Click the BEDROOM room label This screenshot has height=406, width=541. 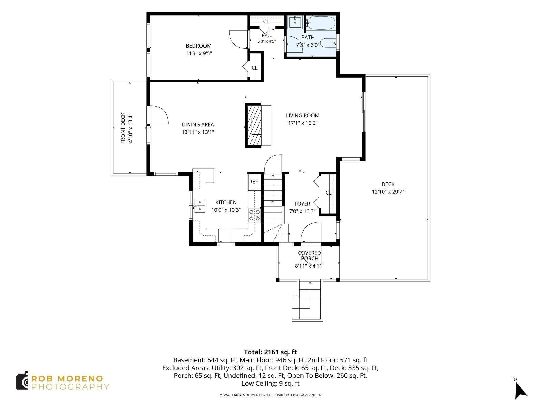[199, 46]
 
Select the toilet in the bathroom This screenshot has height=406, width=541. [328, 43]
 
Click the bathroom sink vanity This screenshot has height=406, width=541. [295, 22]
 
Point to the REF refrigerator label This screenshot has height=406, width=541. [254, 182]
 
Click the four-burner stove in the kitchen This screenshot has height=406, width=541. [254, 215]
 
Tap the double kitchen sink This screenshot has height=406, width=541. [200, 206]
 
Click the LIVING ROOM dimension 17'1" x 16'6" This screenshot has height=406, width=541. [303, 123]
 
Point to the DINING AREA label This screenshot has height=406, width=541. [198, 124]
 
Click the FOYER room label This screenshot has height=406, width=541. [302, 204]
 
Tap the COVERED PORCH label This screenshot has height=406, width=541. [310, 256]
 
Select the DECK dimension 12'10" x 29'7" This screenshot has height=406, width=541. [388, 192]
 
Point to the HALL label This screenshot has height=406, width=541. [267, 36]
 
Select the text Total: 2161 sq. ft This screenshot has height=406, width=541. [270, 352]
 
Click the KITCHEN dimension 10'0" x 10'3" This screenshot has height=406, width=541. [226, 210]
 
